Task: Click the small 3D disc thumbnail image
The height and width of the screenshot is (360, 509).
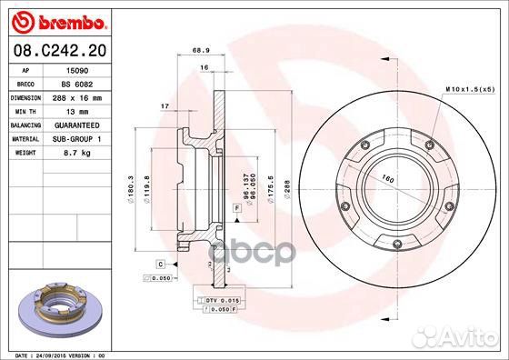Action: click(56, 309)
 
